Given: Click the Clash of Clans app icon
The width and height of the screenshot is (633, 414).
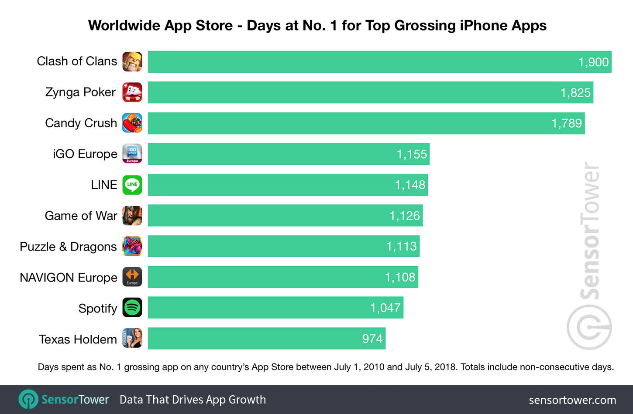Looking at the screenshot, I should click(x=132, y=61).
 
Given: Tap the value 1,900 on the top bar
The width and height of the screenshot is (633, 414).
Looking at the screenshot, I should click(x=593, y=62).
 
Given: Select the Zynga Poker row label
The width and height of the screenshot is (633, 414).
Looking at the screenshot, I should click(x=80, y=92).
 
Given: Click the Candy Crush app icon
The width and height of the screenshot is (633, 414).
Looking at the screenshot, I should click(x=132, y=123).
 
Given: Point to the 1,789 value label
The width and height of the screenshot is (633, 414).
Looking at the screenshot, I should click(x=566, y=123).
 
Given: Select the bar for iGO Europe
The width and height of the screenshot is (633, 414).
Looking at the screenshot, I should click(x=288, y=154).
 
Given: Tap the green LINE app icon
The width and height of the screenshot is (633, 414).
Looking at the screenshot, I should click(x=132, y=185).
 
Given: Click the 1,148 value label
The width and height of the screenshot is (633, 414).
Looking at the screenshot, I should click(x=409, y=185).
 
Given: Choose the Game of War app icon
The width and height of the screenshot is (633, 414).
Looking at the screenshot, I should click(x=132, y=216).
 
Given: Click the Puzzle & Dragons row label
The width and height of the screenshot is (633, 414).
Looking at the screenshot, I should click(x=68, y=247).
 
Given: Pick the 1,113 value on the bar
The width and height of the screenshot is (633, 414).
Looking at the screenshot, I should click(x=401, y=247).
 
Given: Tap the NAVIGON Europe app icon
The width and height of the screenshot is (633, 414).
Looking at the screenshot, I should click(x=132, y=277).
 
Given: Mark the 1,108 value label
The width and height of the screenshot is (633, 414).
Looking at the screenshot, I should click(x=400, y=277).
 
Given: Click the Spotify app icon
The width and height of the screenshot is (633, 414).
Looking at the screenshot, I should click(x=132, y=308).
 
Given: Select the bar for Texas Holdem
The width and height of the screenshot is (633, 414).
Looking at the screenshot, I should click(x=266, y=339).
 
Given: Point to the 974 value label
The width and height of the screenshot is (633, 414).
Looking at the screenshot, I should click(x=372, y=339).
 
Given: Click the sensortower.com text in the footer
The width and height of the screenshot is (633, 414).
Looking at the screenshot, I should click(x=572, y=400).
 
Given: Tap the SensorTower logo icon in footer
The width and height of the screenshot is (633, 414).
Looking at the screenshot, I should click(x=28, y=399).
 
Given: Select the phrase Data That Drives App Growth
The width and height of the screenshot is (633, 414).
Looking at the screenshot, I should click(x=193, y=400).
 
